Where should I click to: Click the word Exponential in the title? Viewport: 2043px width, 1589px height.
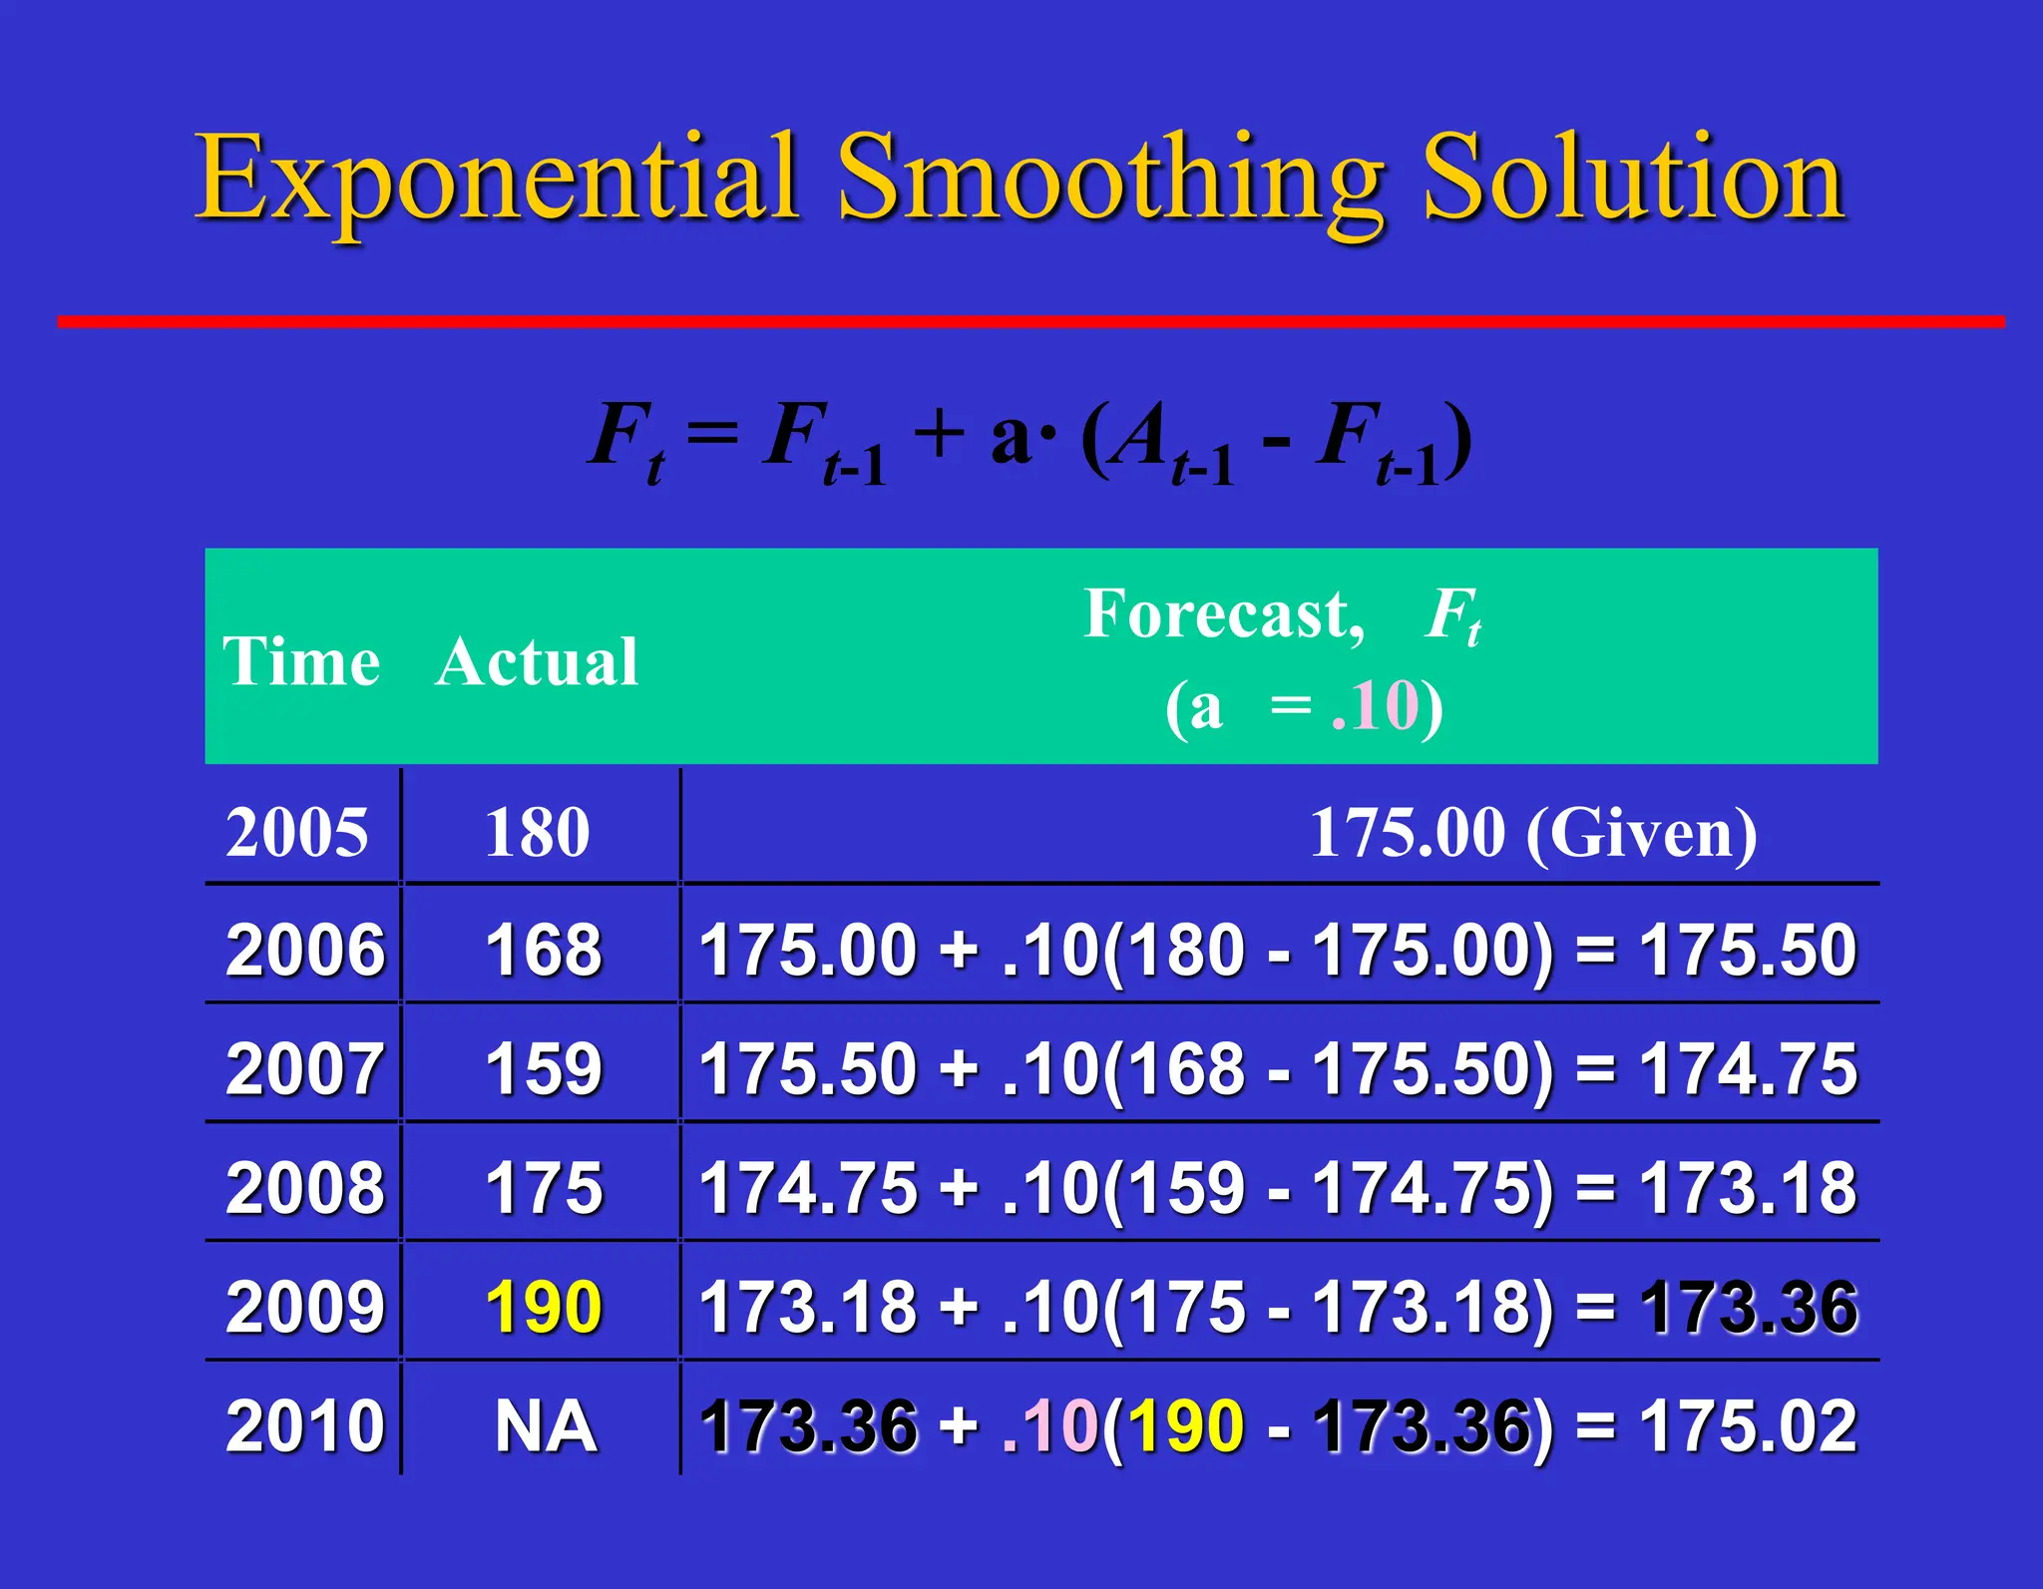click(x=496, y=180)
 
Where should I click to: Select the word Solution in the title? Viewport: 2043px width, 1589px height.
click(x=1633, y=180)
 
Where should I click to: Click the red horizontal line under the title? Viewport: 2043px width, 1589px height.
click(x=1030, y=321)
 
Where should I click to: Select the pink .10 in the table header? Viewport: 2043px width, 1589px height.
click(x=1375, y=706)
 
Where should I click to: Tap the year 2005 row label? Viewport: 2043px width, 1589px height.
click(x=297, y=832)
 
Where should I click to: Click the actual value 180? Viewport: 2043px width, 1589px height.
click(x=538, y=832)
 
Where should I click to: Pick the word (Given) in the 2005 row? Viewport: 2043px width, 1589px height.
click(x=1641, y=832)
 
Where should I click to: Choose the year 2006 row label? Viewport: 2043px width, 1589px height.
click(x=304, y=950)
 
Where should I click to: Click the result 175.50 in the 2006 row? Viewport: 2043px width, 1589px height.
click(x=1749, y=950)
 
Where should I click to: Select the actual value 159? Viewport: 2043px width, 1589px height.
click(x=544, y=1069)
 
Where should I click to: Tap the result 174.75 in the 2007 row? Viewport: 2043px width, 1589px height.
click(x=1749, y=1069)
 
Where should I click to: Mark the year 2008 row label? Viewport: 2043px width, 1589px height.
click(x=304, y=1188)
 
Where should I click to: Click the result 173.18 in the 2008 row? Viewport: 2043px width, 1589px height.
click(x=1749, y=1188)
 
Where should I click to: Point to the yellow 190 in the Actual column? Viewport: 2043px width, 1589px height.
click(x=544, y=1307)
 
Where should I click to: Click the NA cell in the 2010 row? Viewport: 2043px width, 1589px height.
click(x=546, y=1426)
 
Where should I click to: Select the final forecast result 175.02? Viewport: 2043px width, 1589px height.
click(x=1749, y=1426)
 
